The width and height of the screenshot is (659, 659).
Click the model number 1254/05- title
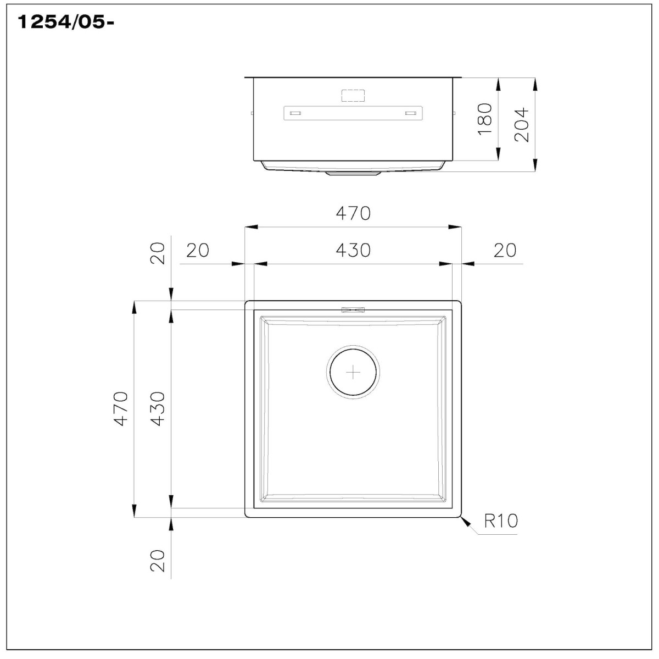pos(66,23)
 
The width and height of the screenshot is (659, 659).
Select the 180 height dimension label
pos(485,119)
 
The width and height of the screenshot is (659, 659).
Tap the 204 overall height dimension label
pos(522,125)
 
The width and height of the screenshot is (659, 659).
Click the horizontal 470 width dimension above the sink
pos(353,213)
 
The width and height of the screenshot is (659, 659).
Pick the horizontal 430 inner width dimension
pos(353,250)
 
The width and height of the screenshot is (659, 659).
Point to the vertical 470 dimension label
pos(121,409)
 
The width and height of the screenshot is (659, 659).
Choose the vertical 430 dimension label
pos(158,409)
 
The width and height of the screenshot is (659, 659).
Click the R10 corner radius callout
pos(501,520)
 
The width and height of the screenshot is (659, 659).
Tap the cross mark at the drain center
pos(353,372)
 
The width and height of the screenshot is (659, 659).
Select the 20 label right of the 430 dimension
pos(505,250)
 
